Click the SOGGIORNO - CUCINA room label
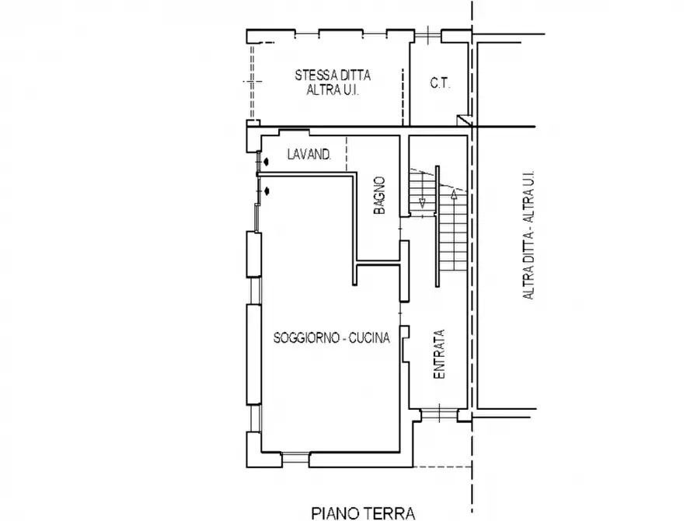point(332,338)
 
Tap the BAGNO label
point(379,195)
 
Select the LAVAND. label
point(309,154)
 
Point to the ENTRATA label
point(438,354)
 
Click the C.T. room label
point(440,83)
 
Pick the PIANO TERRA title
point(364,513)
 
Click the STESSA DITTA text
point(333,75)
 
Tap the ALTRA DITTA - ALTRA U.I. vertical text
point(528,236)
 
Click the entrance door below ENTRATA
point(438,415)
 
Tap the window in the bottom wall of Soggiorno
point(295,459)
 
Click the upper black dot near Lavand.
point(266,162)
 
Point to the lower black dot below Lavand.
point(267,191)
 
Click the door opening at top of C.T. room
point(428,34)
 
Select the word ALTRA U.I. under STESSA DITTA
point(333,90)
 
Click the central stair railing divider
point(438,226)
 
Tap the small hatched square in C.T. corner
point(463,120)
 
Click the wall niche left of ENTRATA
point(405,344)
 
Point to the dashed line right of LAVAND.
point(347,154)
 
